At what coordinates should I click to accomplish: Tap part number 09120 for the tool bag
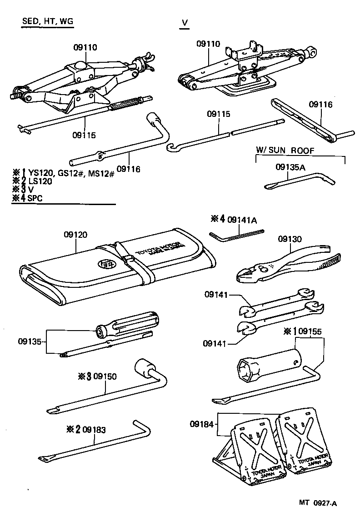tap(75, 235)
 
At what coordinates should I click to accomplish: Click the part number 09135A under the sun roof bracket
tap(290, 168)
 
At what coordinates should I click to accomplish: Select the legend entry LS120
tap(40, 181)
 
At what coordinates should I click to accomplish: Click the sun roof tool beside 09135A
tap(300, 180)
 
